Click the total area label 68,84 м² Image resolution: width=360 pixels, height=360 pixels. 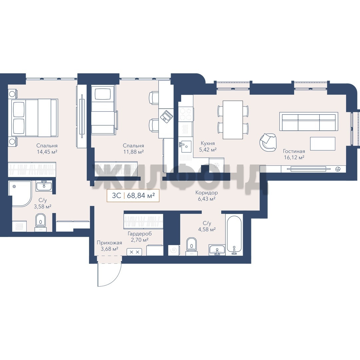(141, 189)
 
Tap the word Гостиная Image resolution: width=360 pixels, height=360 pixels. (294, 151)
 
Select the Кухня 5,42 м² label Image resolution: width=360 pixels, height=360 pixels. (208, 146)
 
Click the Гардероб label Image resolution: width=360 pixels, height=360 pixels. (140, 234)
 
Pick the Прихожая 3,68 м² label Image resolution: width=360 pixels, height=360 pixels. (109, 246)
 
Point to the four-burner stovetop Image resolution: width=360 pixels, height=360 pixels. (186, 114)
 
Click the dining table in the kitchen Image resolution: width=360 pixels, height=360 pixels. (233, 120)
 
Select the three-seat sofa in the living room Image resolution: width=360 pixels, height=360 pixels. (309, 121)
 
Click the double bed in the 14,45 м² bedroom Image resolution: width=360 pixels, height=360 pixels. (33, 118)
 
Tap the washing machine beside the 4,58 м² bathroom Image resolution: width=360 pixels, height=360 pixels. (174, 250)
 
